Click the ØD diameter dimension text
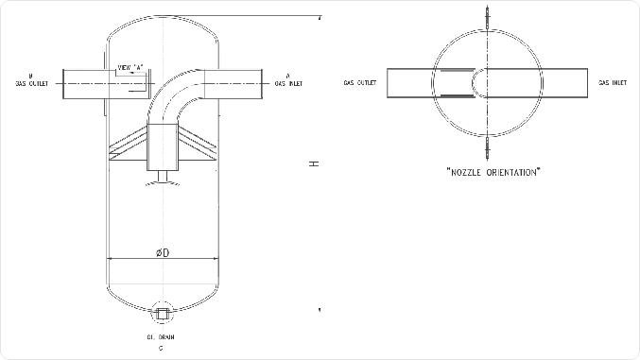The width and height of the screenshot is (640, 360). click(x=163, y=252)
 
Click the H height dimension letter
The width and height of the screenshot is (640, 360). click(x=315, y=164)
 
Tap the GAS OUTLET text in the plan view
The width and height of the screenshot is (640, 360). click(x=360, y=84)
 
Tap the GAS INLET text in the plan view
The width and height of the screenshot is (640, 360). click(x=613, y=84)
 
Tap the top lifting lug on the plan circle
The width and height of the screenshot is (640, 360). click(x=488, y=20)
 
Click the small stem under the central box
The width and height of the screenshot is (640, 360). click(x=163, y=177)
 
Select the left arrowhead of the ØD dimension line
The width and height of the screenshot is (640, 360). click(x=113, y=258)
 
